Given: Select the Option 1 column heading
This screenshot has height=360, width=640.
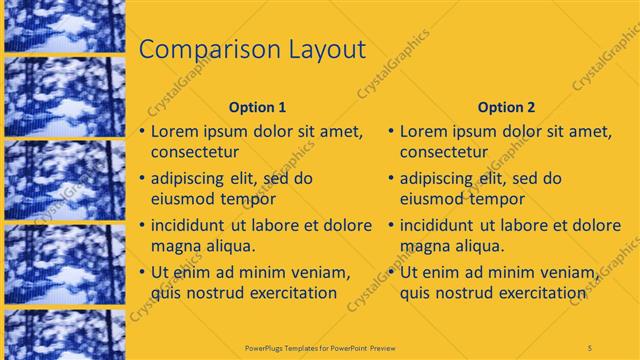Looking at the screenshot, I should [257, 107].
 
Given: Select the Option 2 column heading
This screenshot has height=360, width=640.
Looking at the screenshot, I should [506, 107].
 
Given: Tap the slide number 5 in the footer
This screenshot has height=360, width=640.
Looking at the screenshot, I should [590, 347].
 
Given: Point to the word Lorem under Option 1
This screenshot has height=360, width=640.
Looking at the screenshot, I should [177, 131].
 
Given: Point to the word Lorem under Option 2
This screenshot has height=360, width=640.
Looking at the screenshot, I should [426, 131].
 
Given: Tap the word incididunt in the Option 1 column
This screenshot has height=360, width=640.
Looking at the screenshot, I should [196, 225].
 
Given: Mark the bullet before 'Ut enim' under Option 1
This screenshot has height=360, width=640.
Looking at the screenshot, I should [143, 272].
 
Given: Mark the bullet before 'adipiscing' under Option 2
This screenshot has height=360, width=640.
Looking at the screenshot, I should [392, 179].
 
